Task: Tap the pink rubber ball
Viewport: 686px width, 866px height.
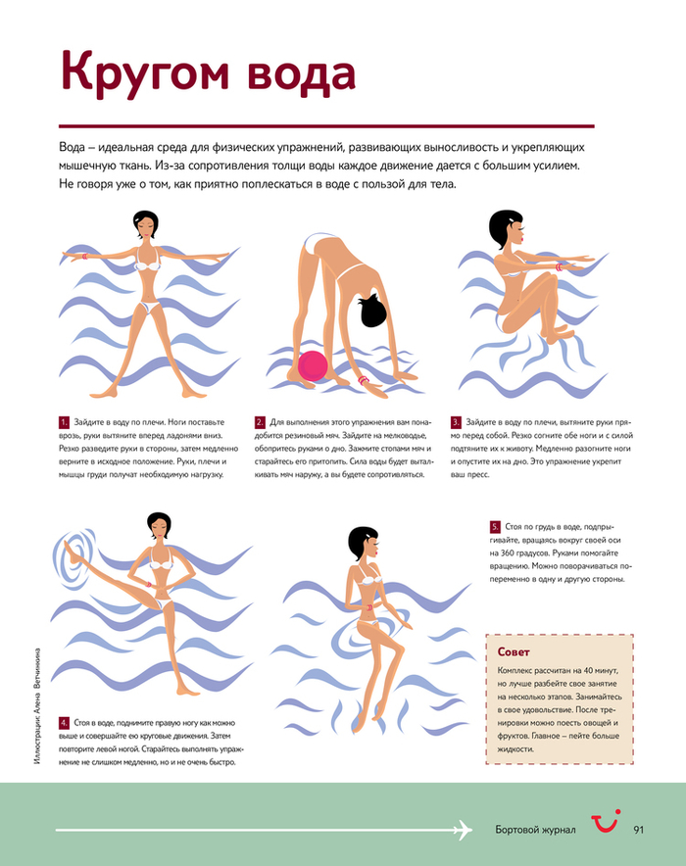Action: coord(313,365)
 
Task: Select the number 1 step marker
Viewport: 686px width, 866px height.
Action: coord(64,422)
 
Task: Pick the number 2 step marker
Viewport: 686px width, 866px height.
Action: coord(260,422)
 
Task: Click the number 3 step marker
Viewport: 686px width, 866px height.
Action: coord(456,422)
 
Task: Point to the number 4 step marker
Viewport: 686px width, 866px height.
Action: coord(64,723)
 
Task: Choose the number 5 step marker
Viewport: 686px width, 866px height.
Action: coord(495,527)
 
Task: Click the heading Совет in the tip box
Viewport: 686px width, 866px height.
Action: coord(514,652)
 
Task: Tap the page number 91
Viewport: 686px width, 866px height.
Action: coord(639,830)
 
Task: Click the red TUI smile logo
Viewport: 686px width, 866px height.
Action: coord(606,821)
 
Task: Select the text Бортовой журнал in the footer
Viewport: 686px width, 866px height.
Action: coord(535,830)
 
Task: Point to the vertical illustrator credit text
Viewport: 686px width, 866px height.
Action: coord(37,706)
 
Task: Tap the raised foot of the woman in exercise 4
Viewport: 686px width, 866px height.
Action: coord(69,548)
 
